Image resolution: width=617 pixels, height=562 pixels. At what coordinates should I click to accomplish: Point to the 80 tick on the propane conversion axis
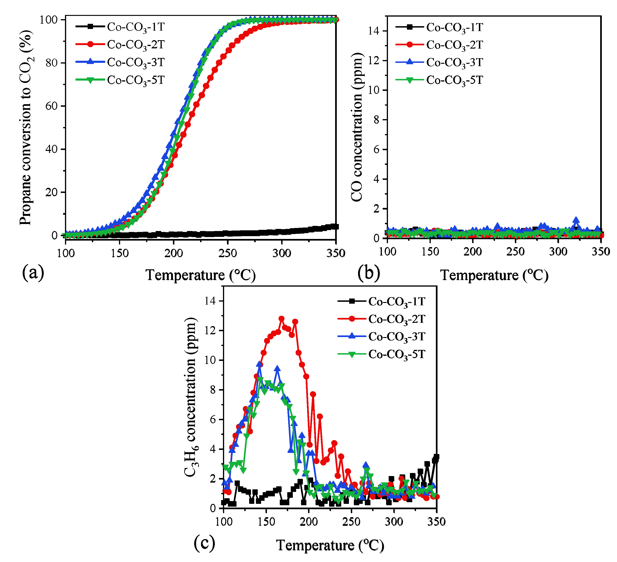click(51, 63)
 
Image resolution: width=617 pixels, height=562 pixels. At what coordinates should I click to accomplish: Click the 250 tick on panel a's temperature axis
click(228, 253)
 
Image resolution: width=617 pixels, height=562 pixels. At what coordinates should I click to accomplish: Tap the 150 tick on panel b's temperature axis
click(430, 252)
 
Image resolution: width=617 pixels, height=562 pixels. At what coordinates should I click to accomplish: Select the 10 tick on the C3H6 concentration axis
click(210, 360)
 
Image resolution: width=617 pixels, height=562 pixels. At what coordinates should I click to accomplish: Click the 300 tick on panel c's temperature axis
click(394, 522)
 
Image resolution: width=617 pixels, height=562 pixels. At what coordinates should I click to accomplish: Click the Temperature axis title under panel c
click(330, 545)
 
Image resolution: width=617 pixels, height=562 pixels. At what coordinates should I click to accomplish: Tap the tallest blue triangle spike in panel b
click(576, 220)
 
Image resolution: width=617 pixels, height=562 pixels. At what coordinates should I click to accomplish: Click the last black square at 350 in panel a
click(336, 226)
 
